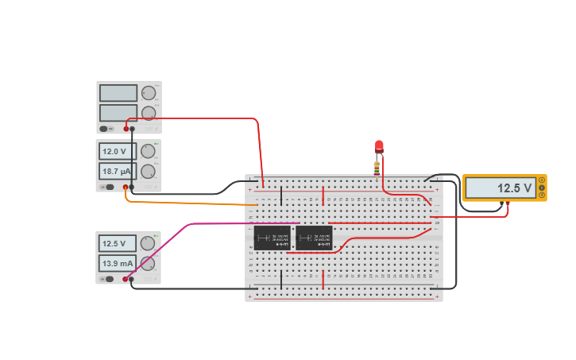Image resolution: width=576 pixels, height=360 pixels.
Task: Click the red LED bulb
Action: tap(379, 146)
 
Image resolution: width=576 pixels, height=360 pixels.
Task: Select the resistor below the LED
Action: tap(377, 167)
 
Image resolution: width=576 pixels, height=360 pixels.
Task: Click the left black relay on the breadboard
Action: tap(272, 238)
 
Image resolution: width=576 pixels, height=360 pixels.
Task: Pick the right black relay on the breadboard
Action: tap(314, 238)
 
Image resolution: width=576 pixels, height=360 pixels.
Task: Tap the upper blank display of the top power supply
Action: tap(118, 93)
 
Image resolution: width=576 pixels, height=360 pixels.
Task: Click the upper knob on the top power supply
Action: tap(149, 93)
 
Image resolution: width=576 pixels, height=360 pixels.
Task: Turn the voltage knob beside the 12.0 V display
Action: tap(149, 151)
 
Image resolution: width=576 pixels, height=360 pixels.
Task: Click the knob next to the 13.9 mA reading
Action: tap(149, 263)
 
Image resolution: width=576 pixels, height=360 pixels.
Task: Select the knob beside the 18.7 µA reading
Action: tap(149, 171)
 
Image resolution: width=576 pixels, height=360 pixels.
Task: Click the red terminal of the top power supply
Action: tap(126, 129)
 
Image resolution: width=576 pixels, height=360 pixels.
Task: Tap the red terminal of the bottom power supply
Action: tap(125, 279)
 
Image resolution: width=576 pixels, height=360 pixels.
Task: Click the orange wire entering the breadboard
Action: tap(191, 203)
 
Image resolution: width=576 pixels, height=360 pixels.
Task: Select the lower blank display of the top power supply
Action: tap(118, 113)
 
